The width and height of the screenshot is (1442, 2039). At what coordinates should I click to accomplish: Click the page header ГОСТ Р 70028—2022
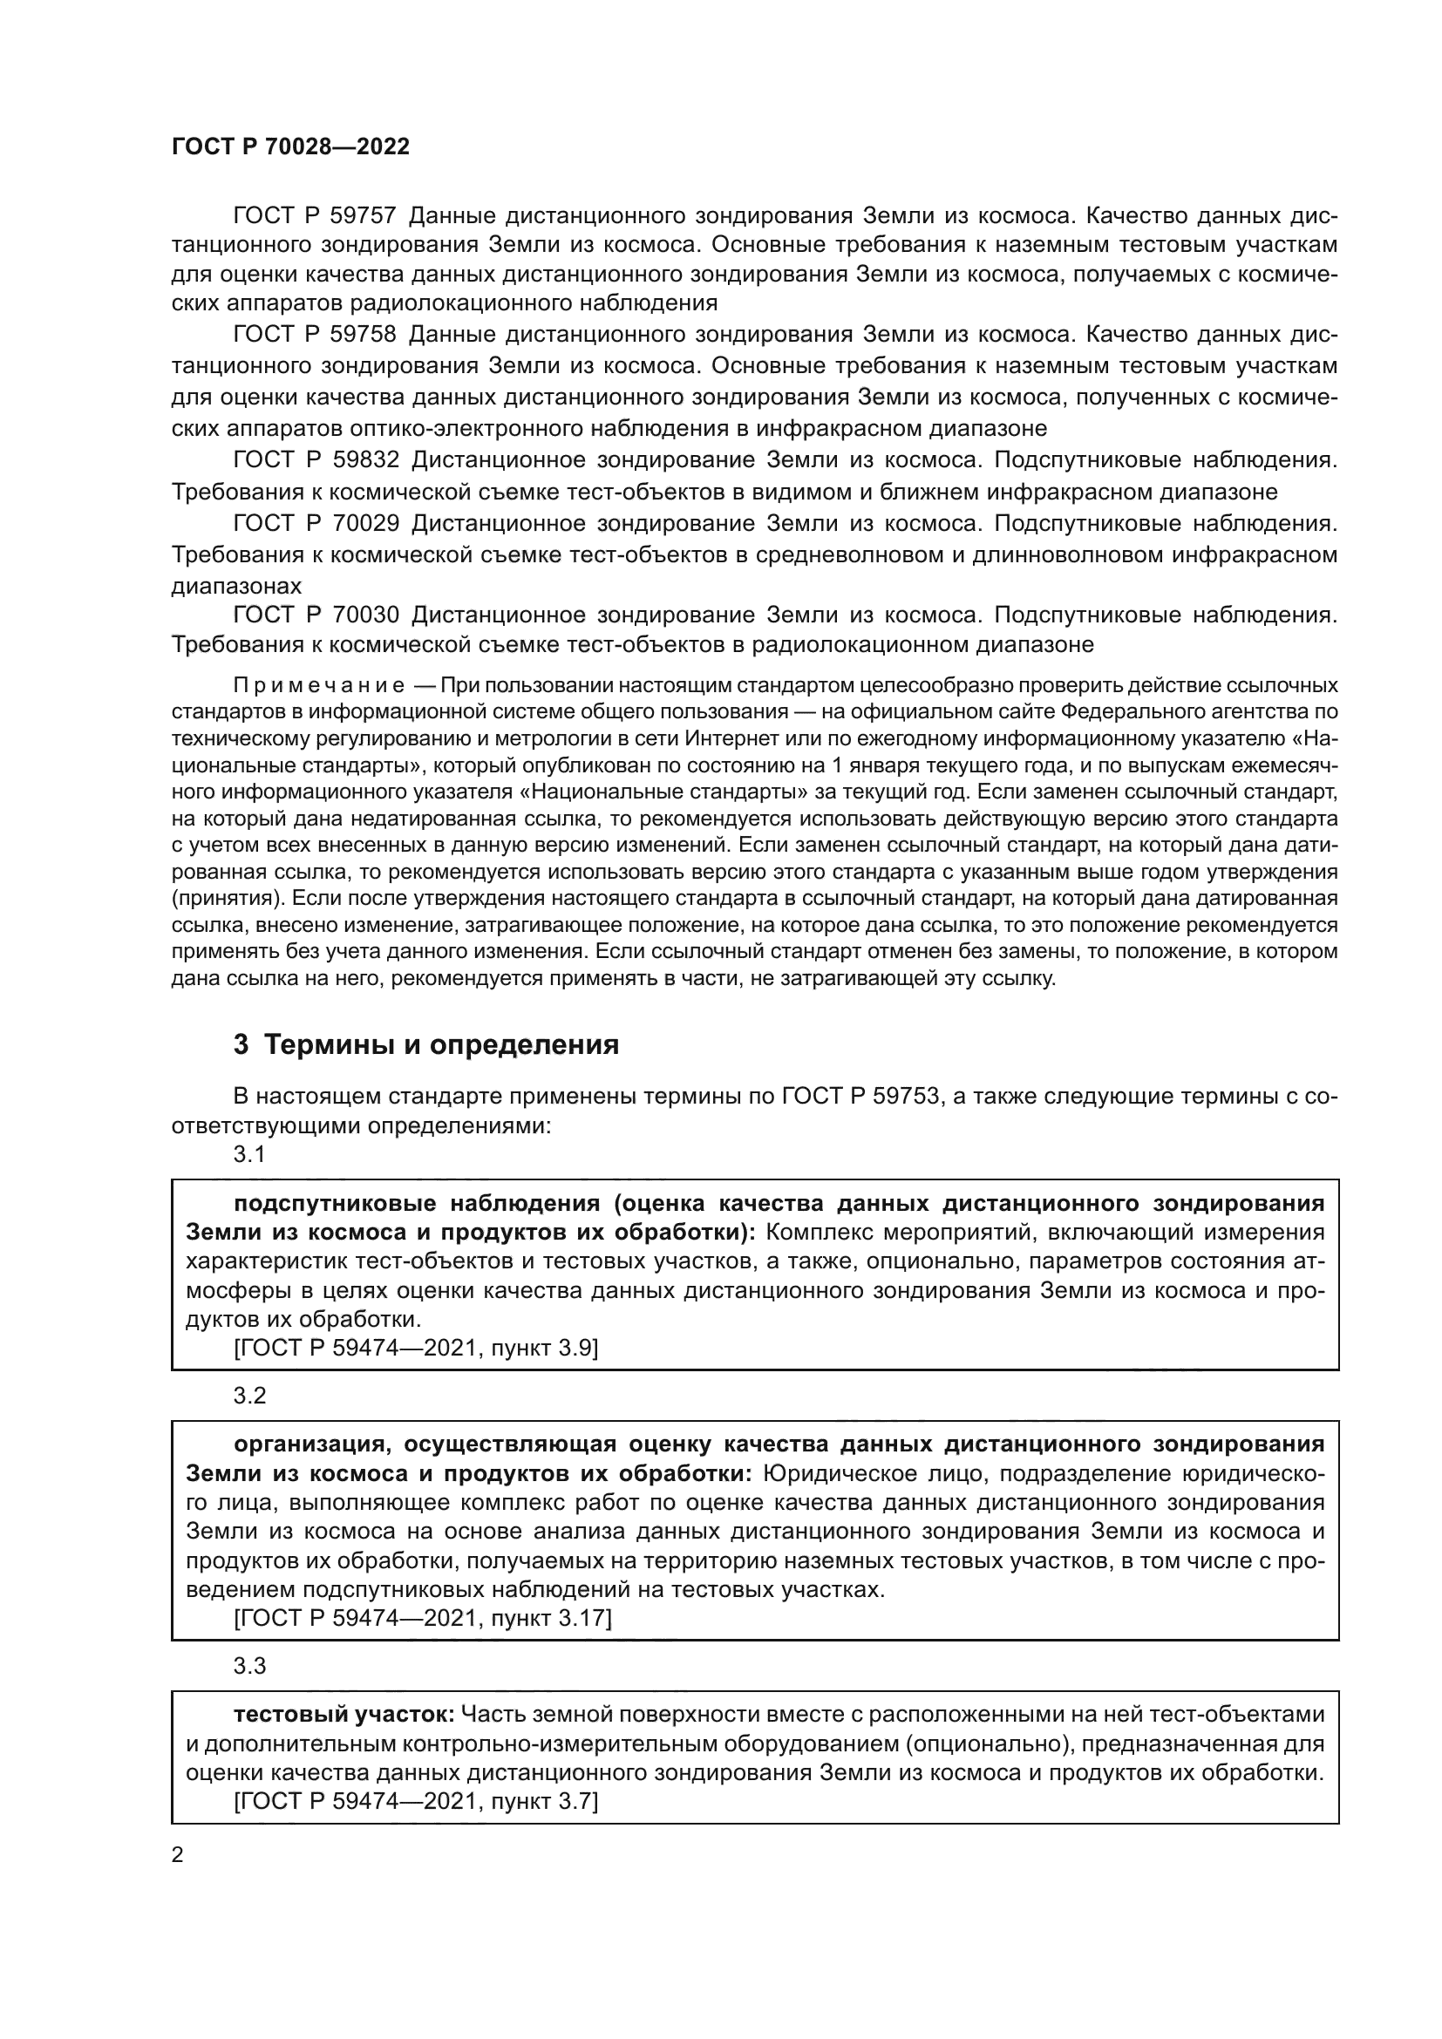(x=290, y=147)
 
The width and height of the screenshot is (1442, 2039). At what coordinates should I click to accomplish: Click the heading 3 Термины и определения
(x=426, y=1044)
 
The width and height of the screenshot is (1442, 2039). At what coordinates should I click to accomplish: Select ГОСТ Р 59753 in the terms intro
(x=860, y=1097)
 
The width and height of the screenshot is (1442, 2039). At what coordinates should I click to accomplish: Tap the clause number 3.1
(x=249, y=1154)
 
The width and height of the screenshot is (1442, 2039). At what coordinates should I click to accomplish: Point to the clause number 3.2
(x=249, y=1396)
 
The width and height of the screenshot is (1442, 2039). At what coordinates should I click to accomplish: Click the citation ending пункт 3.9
(x=416, y=1348)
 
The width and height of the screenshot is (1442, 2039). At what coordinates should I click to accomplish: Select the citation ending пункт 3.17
(x=423, y=1618)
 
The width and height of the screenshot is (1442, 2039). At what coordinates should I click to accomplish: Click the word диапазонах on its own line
(x=236, y=586)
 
